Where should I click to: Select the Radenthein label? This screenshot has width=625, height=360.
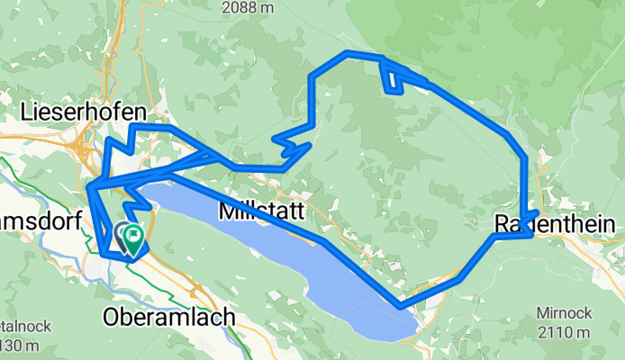pyautogui.click(x=558, y=224)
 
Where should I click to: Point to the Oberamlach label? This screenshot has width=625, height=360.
pyautogui.click(x=169, y=317)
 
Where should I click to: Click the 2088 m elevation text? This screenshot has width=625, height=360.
pyautogui.click(x=248, y=6)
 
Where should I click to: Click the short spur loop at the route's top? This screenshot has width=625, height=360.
pyautogui.click(x=393, y=80)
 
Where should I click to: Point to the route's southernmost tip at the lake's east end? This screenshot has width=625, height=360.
pyautogui.click(x=401, y=306)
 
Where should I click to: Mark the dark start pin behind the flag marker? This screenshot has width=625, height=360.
pyautogui.click(x=122, y=236)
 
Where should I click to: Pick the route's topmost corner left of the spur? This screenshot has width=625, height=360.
pyautogui.click(x=347, y=53)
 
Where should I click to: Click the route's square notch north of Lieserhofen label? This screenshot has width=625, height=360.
pyautogui.click(x=135, y=130)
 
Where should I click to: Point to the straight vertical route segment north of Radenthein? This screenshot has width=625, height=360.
pyautogui.click(x=525, y=184)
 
